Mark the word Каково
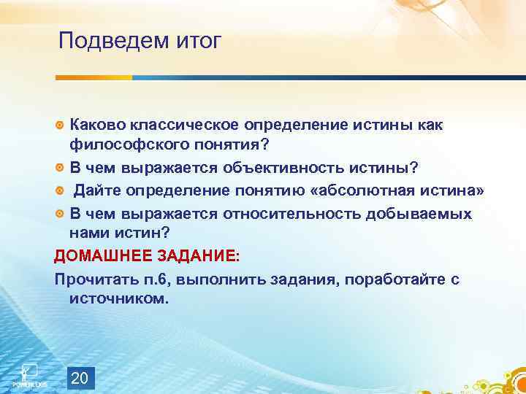tap(96, 125)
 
